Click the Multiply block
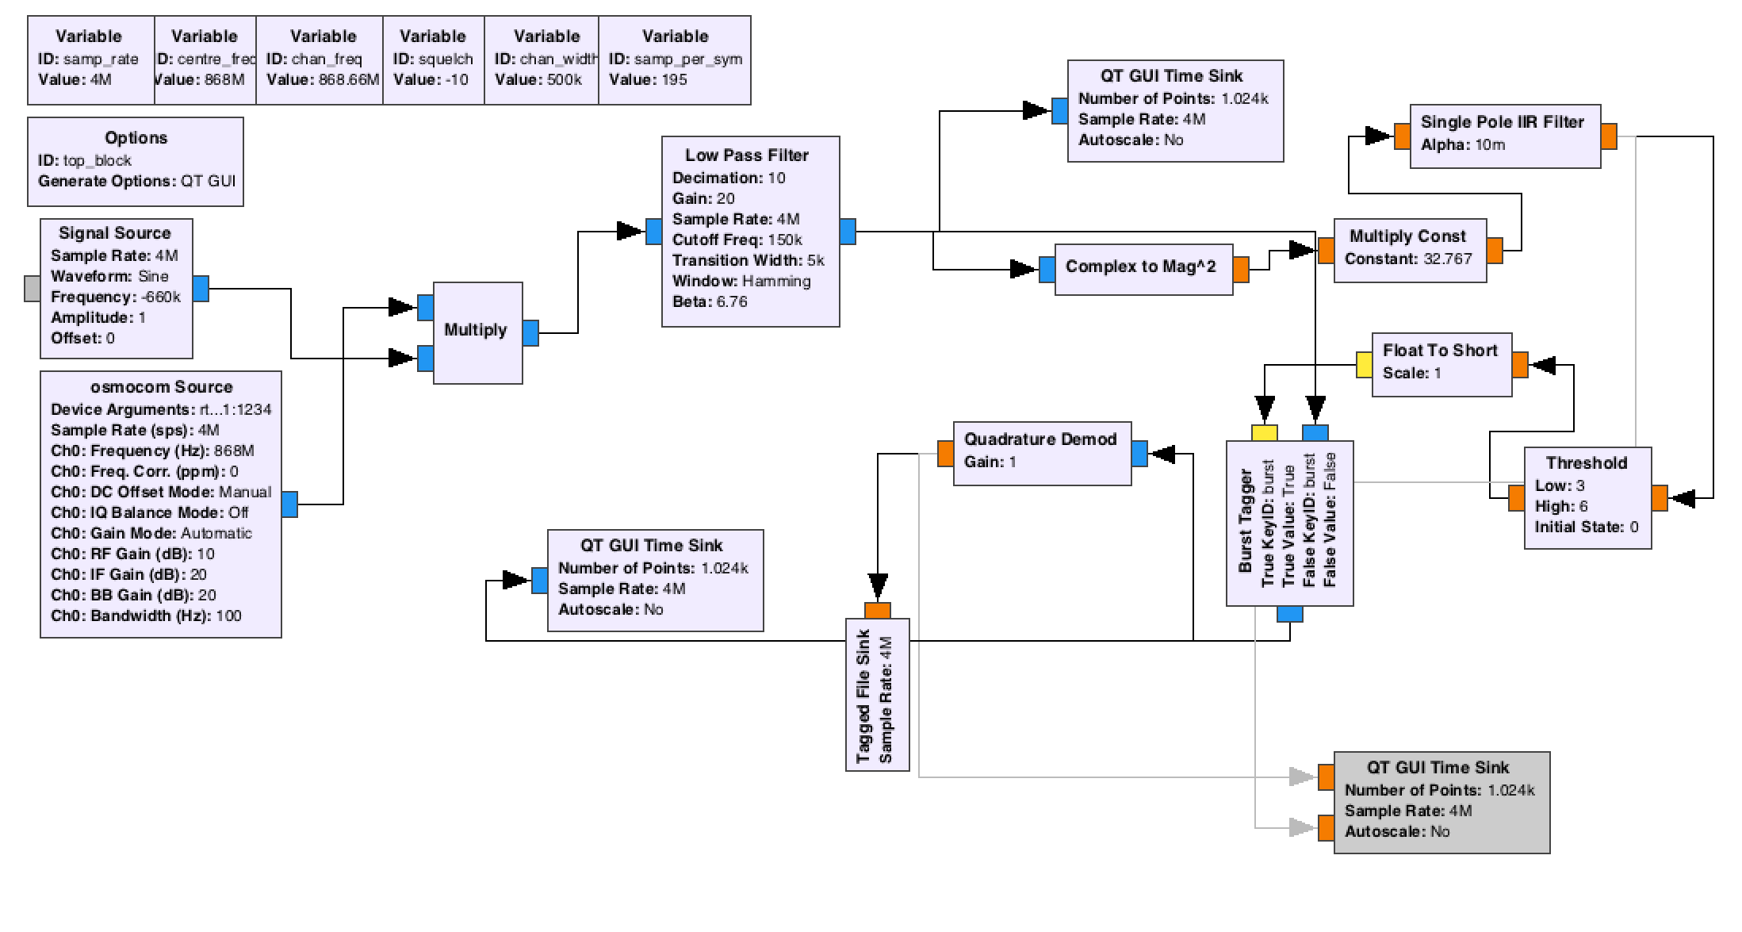click(476, 331)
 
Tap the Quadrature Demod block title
click(1039, 439)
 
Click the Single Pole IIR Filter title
click(1502, 122)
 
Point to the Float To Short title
click(1440, 351)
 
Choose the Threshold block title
click(1586, 463)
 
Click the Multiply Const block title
click(1407, 236)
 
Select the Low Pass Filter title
click(747, 155)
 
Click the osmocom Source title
click(162, 387)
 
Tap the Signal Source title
click(115, 233)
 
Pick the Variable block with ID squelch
click(433, 59)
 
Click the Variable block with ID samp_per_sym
click(675, 59)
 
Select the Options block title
click(136, 138)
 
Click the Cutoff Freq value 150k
click(785, 240)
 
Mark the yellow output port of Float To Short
click(1364, 365)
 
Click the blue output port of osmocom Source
click(289, 504)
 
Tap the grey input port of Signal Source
click(32, 289)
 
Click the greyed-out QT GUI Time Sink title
click(1438, 768)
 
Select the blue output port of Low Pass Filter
click(848, 232)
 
